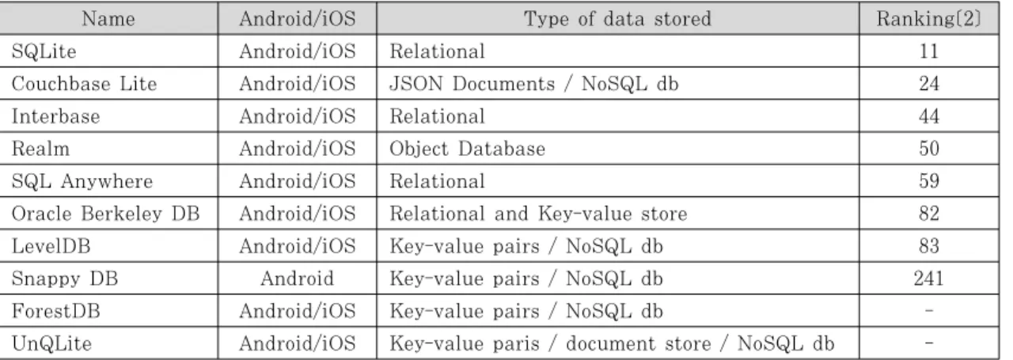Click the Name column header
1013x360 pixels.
108,19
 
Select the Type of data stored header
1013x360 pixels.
618,19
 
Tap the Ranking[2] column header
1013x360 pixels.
929,19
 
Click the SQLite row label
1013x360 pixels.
44,51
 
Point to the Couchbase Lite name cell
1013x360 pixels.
84,84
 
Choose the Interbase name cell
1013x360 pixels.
55,116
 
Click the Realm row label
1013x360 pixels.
40,149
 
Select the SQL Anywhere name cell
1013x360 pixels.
82,181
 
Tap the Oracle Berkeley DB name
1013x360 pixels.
105,214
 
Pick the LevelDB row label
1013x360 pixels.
51,246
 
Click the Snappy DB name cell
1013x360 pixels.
65,279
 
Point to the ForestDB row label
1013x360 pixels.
55,311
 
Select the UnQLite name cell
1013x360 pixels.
51,343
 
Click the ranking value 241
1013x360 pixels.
929,279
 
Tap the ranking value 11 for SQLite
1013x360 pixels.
929,51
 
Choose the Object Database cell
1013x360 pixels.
468,149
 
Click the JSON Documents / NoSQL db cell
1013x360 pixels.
534,84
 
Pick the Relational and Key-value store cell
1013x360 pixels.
538,214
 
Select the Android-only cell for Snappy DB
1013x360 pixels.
297,279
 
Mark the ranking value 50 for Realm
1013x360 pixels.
929,149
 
